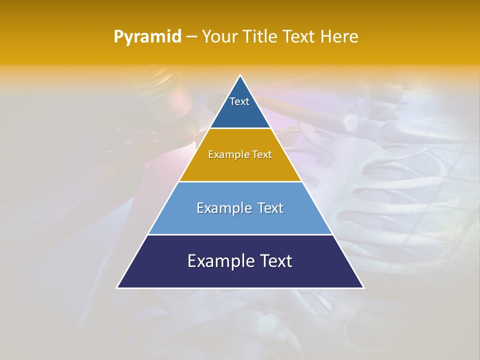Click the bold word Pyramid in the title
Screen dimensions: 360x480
pos(147,37)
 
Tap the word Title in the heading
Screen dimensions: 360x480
pos(263,36)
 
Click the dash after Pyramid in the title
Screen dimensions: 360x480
pos(191,37)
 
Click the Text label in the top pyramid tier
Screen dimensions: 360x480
pos(239,101)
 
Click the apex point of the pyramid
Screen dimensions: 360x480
pos(240,75)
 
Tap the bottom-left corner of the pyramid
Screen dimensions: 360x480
pos(117,288)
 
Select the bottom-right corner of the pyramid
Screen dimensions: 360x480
pos(363,288)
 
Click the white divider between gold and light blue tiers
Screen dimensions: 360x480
pos(240,181)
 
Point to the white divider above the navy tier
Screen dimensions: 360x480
pos(240,234)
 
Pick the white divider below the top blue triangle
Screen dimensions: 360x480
pos(240,128)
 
